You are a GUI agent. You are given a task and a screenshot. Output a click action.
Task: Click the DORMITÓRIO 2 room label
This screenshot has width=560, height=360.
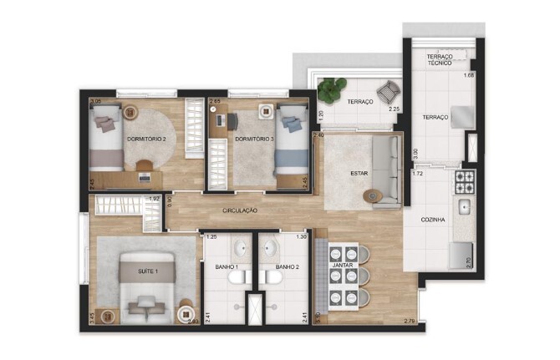click(x=146, y=139)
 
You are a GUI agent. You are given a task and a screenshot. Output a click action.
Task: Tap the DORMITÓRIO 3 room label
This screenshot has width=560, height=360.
click(x=254, y=139)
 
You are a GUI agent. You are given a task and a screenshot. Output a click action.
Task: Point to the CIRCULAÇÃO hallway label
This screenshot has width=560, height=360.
click(x=240, y=210)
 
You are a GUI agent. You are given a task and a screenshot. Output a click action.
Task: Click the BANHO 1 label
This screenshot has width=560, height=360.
click(x=226, y=267)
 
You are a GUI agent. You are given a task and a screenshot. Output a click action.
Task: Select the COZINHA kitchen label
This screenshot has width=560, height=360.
click(x=434, y=220)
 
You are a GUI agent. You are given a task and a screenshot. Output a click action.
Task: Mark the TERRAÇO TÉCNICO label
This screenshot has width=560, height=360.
click(x=440, y=60)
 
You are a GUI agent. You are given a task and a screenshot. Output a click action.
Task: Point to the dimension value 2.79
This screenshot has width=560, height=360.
click(x=409, y=322)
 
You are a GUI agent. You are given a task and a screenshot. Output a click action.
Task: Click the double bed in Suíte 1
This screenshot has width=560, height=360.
click(x=147, y=289)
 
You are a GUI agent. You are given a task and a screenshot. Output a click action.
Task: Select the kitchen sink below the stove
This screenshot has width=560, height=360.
click(x=464, y=206)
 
